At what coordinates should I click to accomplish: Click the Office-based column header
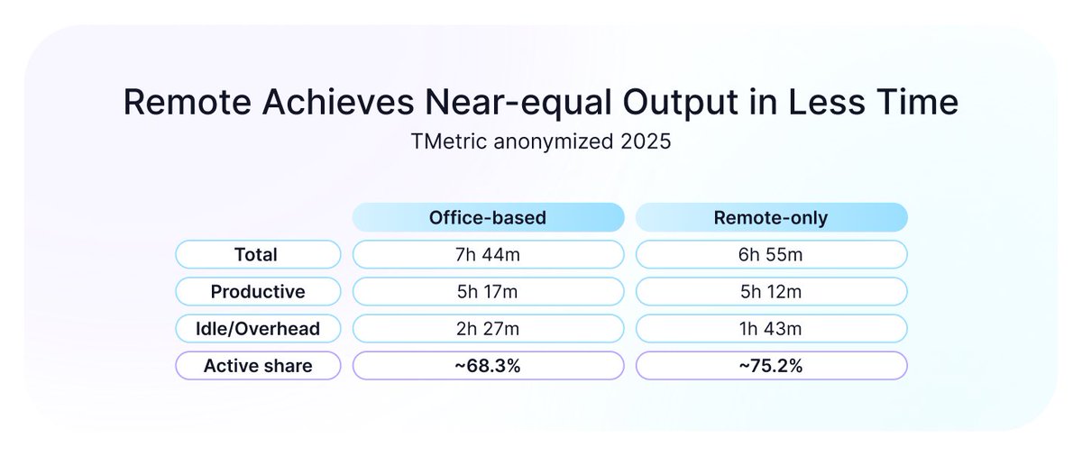point(488,218)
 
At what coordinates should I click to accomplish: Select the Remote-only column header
point(771,218)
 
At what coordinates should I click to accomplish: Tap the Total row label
point(258,255)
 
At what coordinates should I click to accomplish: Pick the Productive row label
point(258,292)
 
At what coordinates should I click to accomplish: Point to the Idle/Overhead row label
point(258,329)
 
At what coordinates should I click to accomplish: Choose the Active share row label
point(258,365)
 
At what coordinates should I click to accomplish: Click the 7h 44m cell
point(488,255)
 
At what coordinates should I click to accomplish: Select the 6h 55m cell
point(771,255)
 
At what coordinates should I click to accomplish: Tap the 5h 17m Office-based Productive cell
point(488,292)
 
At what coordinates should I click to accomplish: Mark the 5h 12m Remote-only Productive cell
point(771,292)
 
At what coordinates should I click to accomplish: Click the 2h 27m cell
point(488,329)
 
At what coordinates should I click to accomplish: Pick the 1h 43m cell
point(771,329)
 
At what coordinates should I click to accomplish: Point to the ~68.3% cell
point(488,365)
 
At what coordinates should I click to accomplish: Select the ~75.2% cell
point(771,365)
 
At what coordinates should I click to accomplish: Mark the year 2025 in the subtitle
point(640,141)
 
